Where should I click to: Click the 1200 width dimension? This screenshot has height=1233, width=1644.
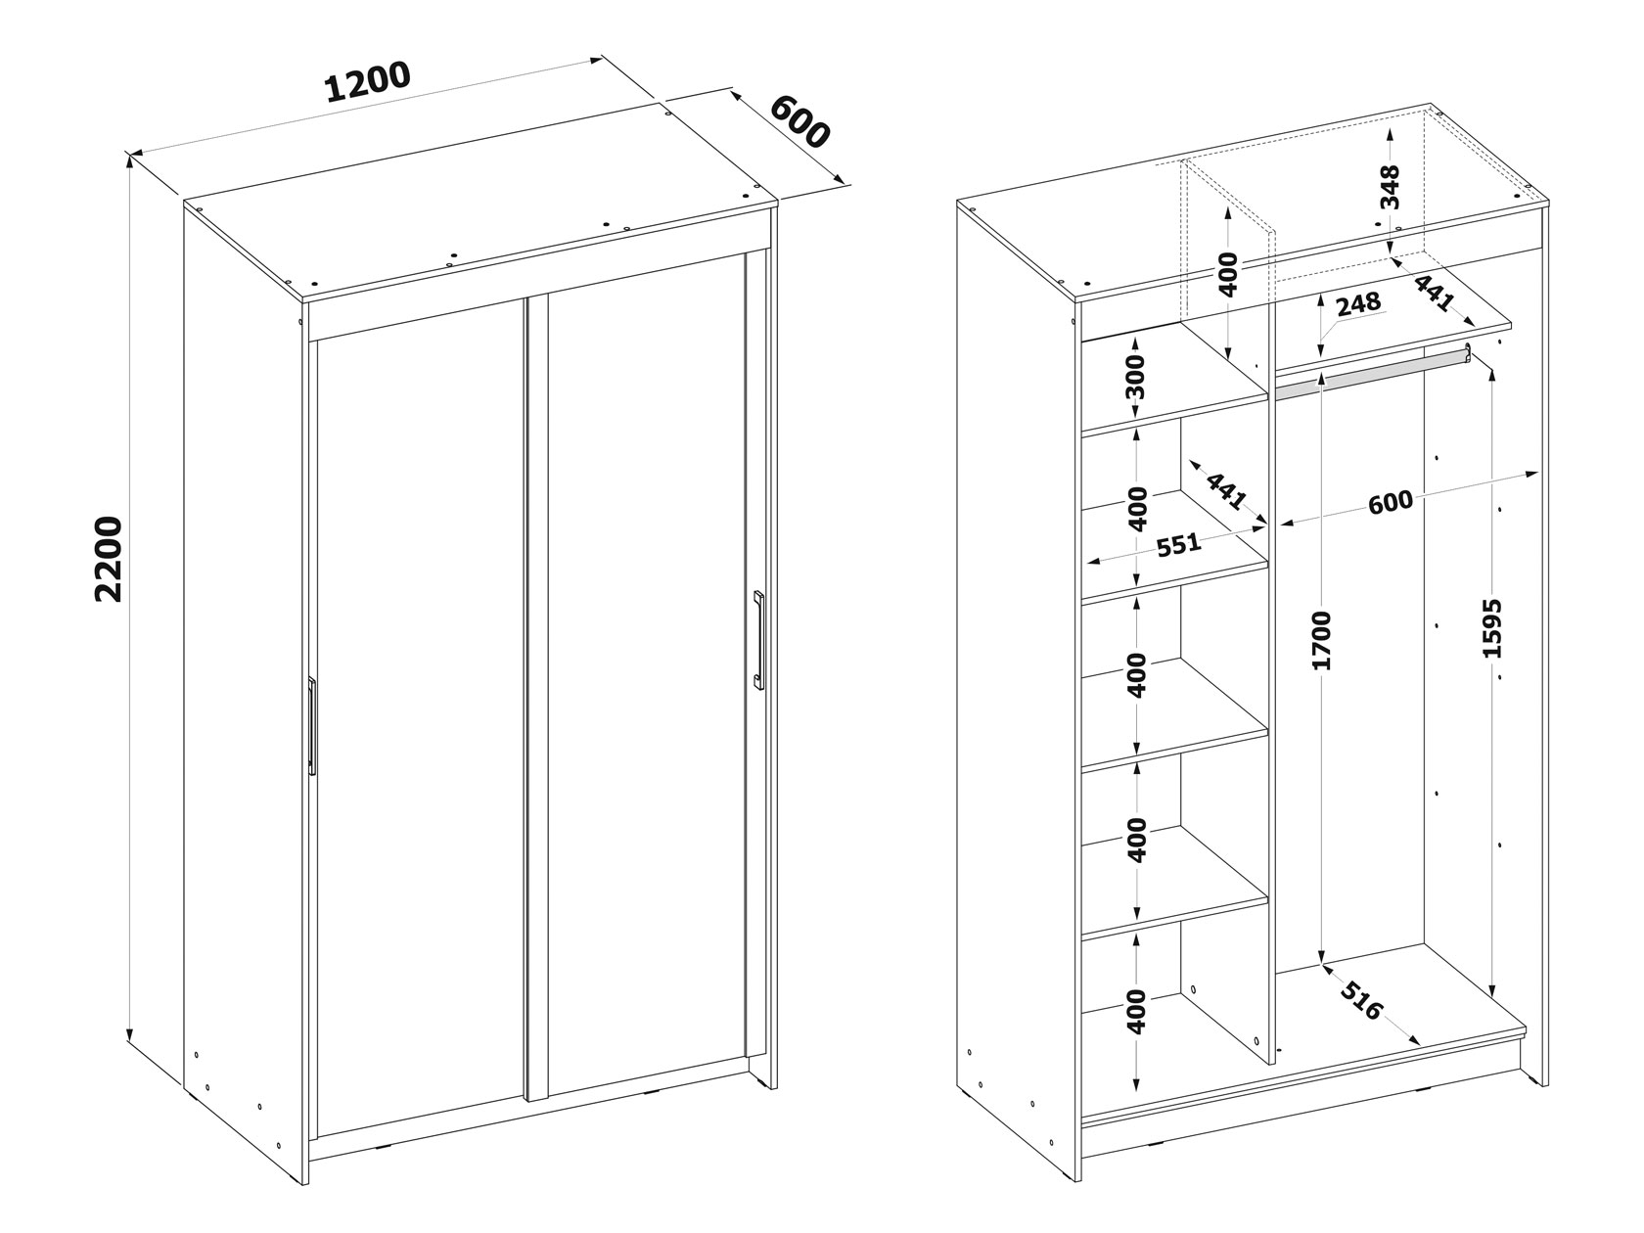[x=369, y=81]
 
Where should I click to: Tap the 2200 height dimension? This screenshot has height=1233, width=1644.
[x=110, y=559]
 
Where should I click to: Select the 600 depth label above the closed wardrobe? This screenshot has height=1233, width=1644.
[x=799, y=122]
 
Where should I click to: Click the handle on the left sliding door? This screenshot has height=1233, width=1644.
[x=311, y=726]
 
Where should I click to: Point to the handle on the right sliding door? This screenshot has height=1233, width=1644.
[x=758, y=640]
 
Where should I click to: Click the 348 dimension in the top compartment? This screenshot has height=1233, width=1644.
[x=1390, y=187]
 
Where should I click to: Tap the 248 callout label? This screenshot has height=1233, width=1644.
[x=1358, y=303]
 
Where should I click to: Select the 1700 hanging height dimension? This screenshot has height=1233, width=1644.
[x=1323, y=640]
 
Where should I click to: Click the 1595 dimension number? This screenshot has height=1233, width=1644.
[x=1492, y=628]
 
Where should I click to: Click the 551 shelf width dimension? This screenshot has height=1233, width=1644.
[x=1179, y=545]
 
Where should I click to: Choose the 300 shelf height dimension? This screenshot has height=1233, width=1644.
[x=1136, y=378]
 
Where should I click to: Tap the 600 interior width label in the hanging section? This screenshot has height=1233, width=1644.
[x=1391, y=502]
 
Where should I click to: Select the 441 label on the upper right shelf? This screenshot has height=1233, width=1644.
[x=1433, y=292]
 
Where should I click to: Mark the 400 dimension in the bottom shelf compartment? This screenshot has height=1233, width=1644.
[x=1136, y=1012]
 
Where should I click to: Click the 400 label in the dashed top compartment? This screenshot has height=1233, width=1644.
[x=1228, y=275]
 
